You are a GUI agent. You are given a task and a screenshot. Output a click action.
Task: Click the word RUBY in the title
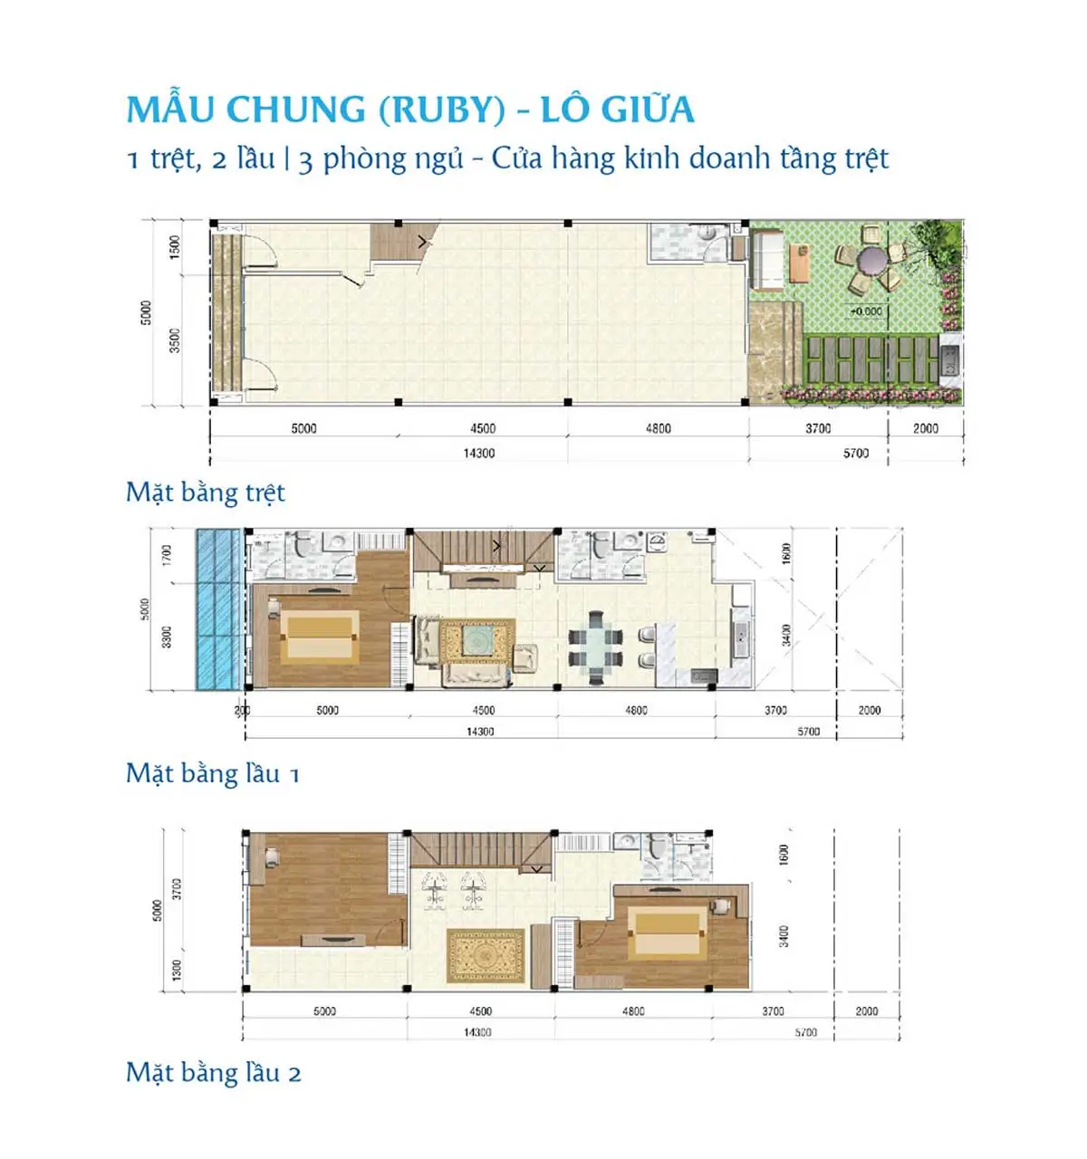(441, 110)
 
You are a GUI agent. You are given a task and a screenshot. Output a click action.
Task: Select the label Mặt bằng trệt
(205, 493)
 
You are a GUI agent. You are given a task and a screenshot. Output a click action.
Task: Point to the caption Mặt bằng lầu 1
(212, 773)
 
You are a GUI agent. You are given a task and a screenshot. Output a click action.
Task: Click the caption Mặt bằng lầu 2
(213, 1073)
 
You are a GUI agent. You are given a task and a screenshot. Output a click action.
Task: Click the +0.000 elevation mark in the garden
(865, 311)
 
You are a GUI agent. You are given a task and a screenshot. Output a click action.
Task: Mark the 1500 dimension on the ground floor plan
(175, 245)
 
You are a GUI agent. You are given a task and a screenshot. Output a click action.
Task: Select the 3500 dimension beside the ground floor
(175, 340)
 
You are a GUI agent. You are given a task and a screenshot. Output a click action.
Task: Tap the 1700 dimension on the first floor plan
(167, 554)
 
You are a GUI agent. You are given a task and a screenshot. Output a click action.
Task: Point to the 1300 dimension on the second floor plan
(177, 970)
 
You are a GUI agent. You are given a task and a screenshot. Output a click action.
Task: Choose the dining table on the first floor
(595, 647)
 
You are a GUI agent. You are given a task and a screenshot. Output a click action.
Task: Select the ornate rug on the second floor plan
(486, 955)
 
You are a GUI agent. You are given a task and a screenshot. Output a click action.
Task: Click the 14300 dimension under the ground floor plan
(479, 453)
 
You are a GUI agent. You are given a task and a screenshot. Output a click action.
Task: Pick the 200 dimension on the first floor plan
(242, 711)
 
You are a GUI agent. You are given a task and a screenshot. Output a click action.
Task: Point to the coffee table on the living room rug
(476, 641)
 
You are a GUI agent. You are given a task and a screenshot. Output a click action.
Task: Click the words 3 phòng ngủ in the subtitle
(380, 159)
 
